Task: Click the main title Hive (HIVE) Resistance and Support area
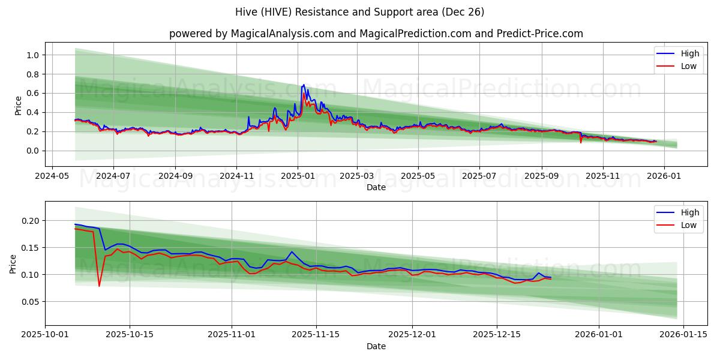click(x=360, y=12)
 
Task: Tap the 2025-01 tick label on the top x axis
click(x=297, y=176)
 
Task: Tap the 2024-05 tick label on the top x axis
click(x=52, y=176)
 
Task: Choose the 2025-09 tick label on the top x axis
click(x=542, y=176)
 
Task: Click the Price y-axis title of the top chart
click(x=18, y=105)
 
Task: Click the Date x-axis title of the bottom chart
click(x=376, y=346)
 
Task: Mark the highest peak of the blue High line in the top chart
click(x=304, y=85)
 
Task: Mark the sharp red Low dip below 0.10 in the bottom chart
click(x=99, y=286)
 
